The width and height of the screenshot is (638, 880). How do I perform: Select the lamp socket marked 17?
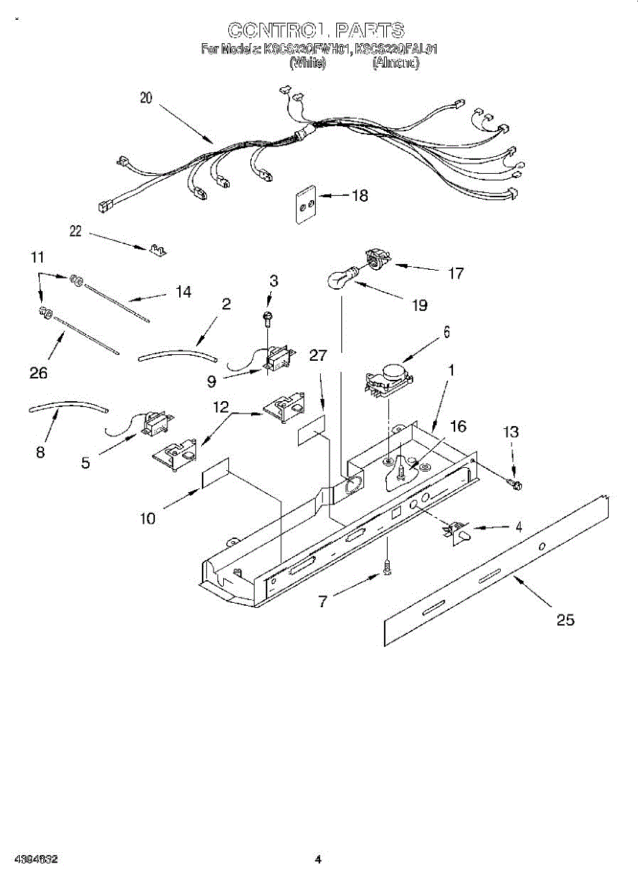[377, 259]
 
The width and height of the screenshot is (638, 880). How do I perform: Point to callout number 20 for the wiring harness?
[146, 98]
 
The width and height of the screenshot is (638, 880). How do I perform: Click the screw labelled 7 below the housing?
[387, 566]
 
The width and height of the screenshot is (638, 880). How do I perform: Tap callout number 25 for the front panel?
[565, 620]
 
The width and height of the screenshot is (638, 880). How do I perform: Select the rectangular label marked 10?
[215, 476]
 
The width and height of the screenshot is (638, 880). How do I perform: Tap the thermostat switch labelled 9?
[278, 360]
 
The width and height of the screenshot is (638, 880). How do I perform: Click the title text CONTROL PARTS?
[316, 30]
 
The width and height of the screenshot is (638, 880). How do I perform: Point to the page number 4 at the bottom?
[318, 859]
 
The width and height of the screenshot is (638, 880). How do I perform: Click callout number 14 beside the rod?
[183, 292]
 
